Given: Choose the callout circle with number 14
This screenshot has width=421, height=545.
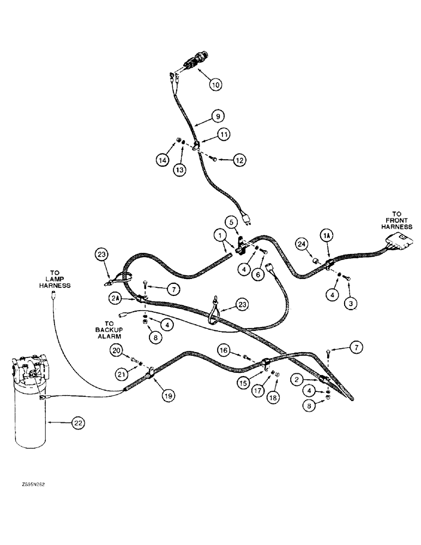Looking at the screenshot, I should (x=163, y=160).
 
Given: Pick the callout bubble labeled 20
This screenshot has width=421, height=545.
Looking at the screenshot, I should (x=116, y=351).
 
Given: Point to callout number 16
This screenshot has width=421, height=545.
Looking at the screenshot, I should (x=224, y=349).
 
